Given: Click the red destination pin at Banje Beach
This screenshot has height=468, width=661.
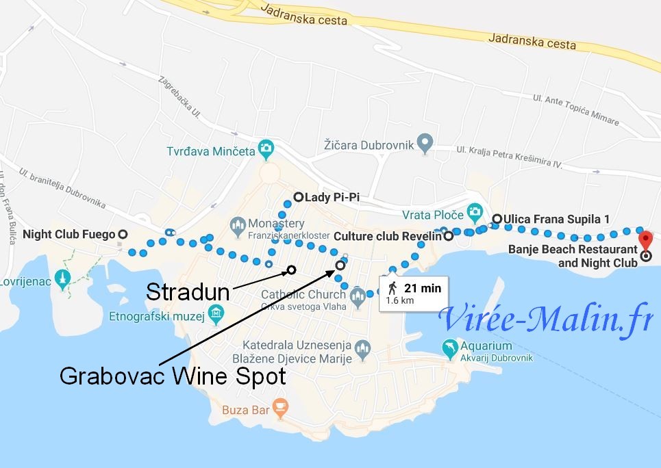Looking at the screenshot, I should pyautogui.click(x=645, y=241).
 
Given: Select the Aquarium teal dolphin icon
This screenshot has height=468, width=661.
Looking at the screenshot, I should pyautogui.click(x=449, y=347).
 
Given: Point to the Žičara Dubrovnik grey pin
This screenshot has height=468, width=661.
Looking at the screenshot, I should pyautogui.click(x=426, y=144).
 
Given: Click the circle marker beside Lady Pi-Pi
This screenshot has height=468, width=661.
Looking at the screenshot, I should pyautogui.click(x=298, y=197).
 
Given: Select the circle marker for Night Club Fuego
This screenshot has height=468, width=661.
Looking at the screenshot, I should pyautogui.click(x=123, y=234).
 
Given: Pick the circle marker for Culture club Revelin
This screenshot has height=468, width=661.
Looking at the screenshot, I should pyautogui.click(x=449, y=237).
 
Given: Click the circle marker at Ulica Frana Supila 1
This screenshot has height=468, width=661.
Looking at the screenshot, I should pyautogui.click(x=497, y=219).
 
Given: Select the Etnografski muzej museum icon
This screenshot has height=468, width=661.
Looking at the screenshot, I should pyautogui.click(x=216, y=315).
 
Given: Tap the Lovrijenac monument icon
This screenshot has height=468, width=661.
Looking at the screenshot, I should pyautogui.click(x=64, y=279).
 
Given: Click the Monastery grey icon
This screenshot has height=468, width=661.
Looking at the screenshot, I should pyautogui.click(x=238, y=224).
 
